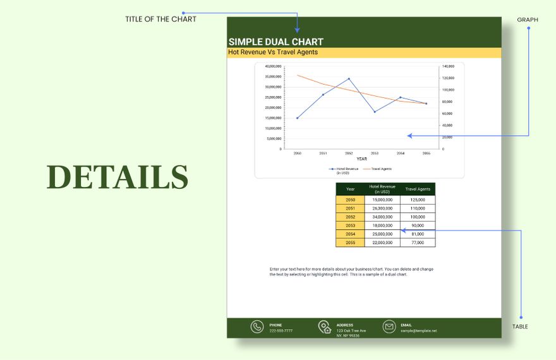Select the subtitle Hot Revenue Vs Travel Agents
coord(273,52)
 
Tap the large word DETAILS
coord(118,177)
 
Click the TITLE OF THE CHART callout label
coord(160,19)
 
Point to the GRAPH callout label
coord(528,20)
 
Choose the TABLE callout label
coord(520,327)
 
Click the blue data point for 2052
coord(349,79)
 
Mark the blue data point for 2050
coord(298,118)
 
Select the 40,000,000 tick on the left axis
coord(273,66)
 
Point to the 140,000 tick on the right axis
coord(448,66)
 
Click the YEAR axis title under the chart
coord(361,159)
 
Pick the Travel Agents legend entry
coord(381,169)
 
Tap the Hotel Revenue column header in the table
coord(382,189)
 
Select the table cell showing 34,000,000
coord(382,217)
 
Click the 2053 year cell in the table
coord(350,225)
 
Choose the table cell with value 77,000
coord(418,243)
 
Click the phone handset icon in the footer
coord(257,327)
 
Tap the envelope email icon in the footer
coord(389,327)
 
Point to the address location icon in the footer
coord(325,327)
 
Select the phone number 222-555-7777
coord(281,331)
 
